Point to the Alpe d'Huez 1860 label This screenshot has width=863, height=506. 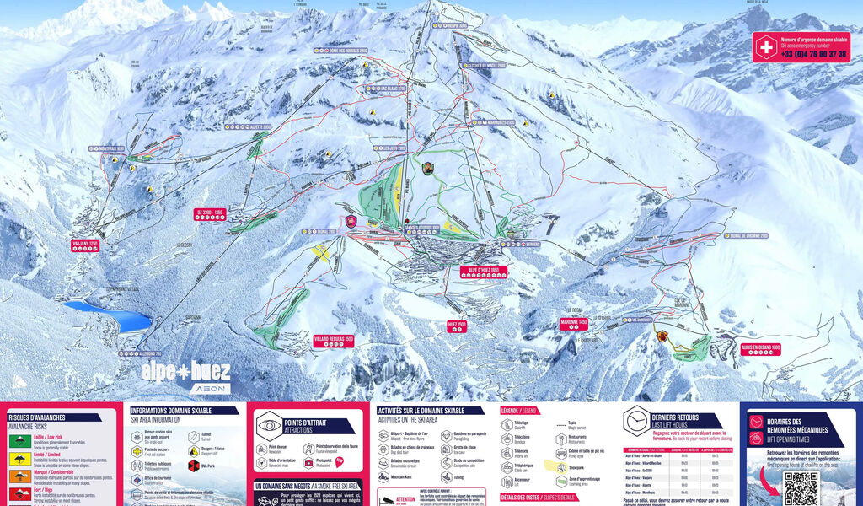click(x=479, y=271)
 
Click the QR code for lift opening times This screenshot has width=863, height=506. click(x=800, y=488)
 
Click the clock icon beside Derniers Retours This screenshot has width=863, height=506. click(x=635, y=420)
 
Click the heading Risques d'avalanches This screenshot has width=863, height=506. click(x=37, y=417)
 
